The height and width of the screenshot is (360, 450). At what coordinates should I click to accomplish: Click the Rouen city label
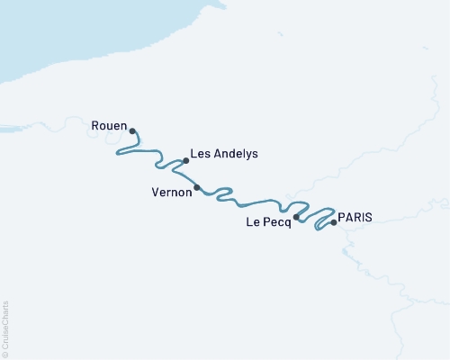pyautogui.click(x=109, y=127)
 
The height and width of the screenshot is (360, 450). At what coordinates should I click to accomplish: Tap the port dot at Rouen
pyautogui.click(x=132, y=130)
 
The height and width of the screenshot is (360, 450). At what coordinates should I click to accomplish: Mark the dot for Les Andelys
pyautogui.click(x=185, y=161)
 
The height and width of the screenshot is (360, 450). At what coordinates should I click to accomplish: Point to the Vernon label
pyautogui.click(x=171, y=192)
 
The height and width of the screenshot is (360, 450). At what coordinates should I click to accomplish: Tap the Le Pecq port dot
pyautogui.click(x=296, y=217)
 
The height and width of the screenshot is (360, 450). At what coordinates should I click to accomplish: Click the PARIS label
pyautogui.click(x=354, y=216)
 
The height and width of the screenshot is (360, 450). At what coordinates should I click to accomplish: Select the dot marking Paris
pyautogui.click(x=334, y=221)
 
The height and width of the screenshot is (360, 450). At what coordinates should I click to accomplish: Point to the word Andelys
pyautogui.click(x=235, y=154)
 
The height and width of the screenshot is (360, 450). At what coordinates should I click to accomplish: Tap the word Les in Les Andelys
pyautogui.click(x=201, y=154)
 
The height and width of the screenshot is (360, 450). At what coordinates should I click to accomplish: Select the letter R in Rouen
pyautogui.click(x=95, y=127)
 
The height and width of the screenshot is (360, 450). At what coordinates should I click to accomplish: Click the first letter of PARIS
pyautogui.click(x=341, y=216)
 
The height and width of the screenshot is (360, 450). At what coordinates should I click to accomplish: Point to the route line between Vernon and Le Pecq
pyautogui.click(x=252, y=202)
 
